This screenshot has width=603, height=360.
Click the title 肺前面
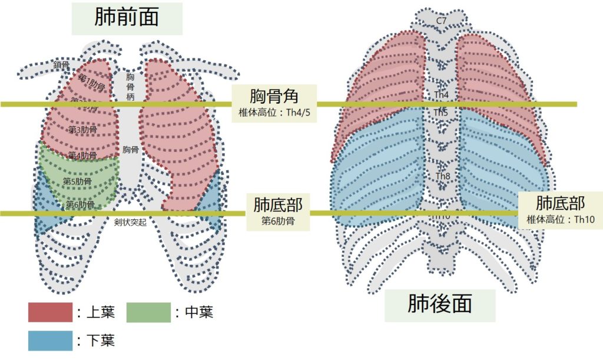[x=127, y=18]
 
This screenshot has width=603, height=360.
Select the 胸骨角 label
[x=274, y=95]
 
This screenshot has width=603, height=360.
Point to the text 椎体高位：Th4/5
[x=274, y=112]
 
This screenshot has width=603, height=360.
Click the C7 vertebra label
[x=440, y=21]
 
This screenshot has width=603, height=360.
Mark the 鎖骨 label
[x=62, y=65]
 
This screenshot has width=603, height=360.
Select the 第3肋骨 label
[x=83, y=130]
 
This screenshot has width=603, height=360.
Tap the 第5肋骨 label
[x=77, y=181]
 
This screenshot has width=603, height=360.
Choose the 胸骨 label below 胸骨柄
[x=130, y=150]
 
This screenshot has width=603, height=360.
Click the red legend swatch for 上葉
[x=50, y=313]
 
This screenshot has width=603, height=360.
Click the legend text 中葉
[x=198, y=313]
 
